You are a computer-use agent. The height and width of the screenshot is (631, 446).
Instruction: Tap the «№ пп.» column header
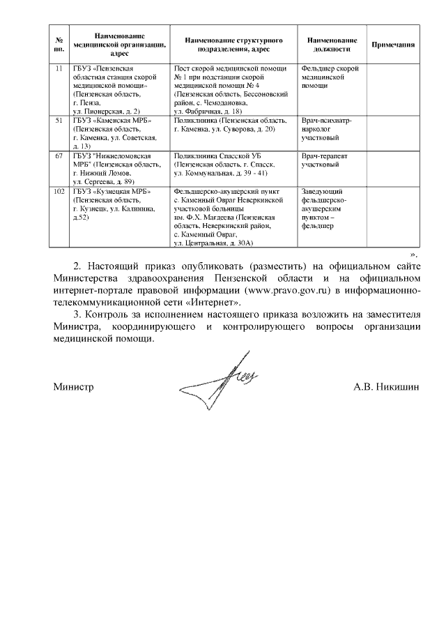point(59,44)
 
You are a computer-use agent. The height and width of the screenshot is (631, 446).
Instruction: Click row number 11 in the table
point(59,68)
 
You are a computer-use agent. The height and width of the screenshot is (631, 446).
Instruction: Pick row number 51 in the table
point(59,121)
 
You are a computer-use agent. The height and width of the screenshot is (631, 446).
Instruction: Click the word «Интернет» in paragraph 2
point(217,303)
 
